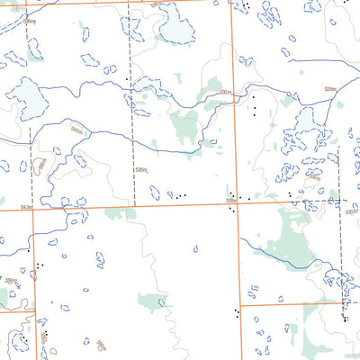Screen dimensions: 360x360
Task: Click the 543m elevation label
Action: pyautogui.click(x=26, y=207)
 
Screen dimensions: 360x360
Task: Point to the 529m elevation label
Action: pyautogui.click(x=329, y=88)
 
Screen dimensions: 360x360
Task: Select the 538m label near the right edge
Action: pyautogui.click(x=350, y=212)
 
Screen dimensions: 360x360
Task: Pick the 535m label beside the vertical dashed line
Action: pyautogui.click(x=141, y=169)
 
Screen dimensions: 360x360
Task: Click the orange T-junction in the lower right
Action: pyautogui.click(x=241, y=304)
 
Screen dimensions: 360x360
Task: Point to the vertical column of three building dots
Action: pyautogui.click(x=255, y=105)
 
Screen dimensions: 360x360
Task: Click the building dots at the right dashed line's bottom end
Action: pyautogui.click(x=345, y=316)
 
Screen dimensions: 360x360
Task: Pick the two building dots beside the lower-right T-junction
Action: pyautogui.click(x=236, y=314)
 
